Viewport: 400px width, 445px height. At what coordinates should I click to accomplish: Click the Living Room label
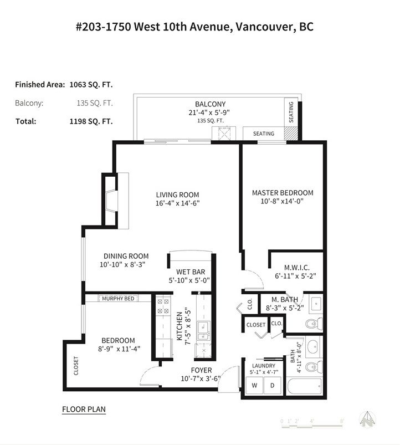pos(178,195)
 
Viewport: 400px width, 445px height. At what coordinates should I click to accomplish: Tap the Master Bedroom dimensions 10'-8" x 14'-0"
pos(282,201)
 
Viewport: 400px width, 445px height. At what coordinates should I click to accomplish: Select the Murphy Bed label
pos(118,299)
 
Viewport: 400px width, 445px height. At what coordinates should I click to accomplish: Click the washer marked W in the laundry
pos(254,385)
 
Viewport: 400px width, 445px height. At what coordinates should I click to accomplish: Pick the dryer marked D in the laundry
pos(273,385)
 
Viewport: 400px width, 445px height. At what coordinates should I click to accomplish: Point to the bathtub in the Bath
pos(304,386)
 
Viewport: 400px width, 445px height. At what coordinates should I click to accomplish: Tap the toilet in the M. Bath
pos(314,324)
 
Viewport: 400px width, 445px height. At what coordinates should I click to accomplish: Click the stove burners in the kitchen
pos(163,306)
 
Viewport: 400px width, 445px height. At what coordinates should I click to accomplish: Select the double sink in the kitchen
pos(203,331)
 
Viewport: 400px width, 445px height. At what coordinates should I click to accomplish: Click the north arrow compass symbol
pos(367,420)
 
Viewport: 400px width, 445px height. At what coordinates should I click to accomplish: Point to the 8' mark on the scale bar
pos(342,421)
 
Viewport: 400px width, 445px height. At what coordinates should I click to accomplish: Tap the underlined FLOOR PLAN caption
pos(84,410)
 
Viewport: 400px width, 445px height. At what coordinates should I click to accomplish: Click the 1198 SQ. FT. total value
pos(91,121)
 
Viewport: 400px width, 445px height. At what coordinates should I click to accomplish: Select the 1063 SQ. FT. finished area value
pos(91,85)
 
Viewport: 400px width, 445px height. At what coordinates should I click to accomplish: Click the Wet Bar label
pos(191,272)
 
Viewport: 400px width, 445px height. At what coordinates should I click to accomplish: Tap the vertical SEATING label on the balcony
pos(291,112)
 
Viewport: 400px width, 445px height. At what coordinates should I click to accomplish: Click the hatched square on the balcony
pos(291,134)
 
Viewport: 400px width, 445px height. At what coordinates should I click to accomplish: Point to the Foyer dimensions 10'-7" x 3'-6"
pos(201,379)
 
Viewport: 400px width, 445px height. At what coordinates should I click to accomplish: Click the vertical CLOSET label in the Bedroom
pos(76,366)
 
